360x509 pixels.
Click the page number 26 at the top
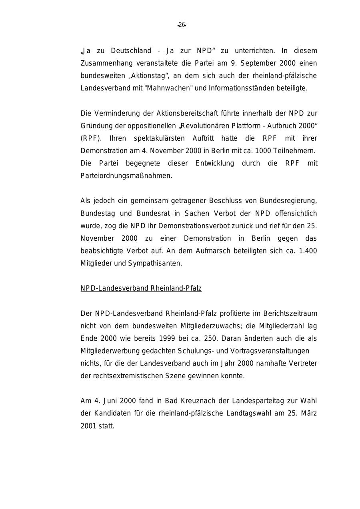tap(182, 25)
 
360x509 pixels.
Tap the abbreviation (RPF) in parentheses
tap(91, 138)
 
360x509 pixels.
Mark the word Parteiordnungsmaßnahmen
tap(126, 176)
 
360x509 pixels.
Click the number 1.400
tap(308, 251)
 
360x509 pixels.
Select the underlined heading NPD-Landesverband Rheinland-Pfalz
tap(141, 288)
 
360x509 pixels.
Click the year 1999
tap(167, 338)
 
